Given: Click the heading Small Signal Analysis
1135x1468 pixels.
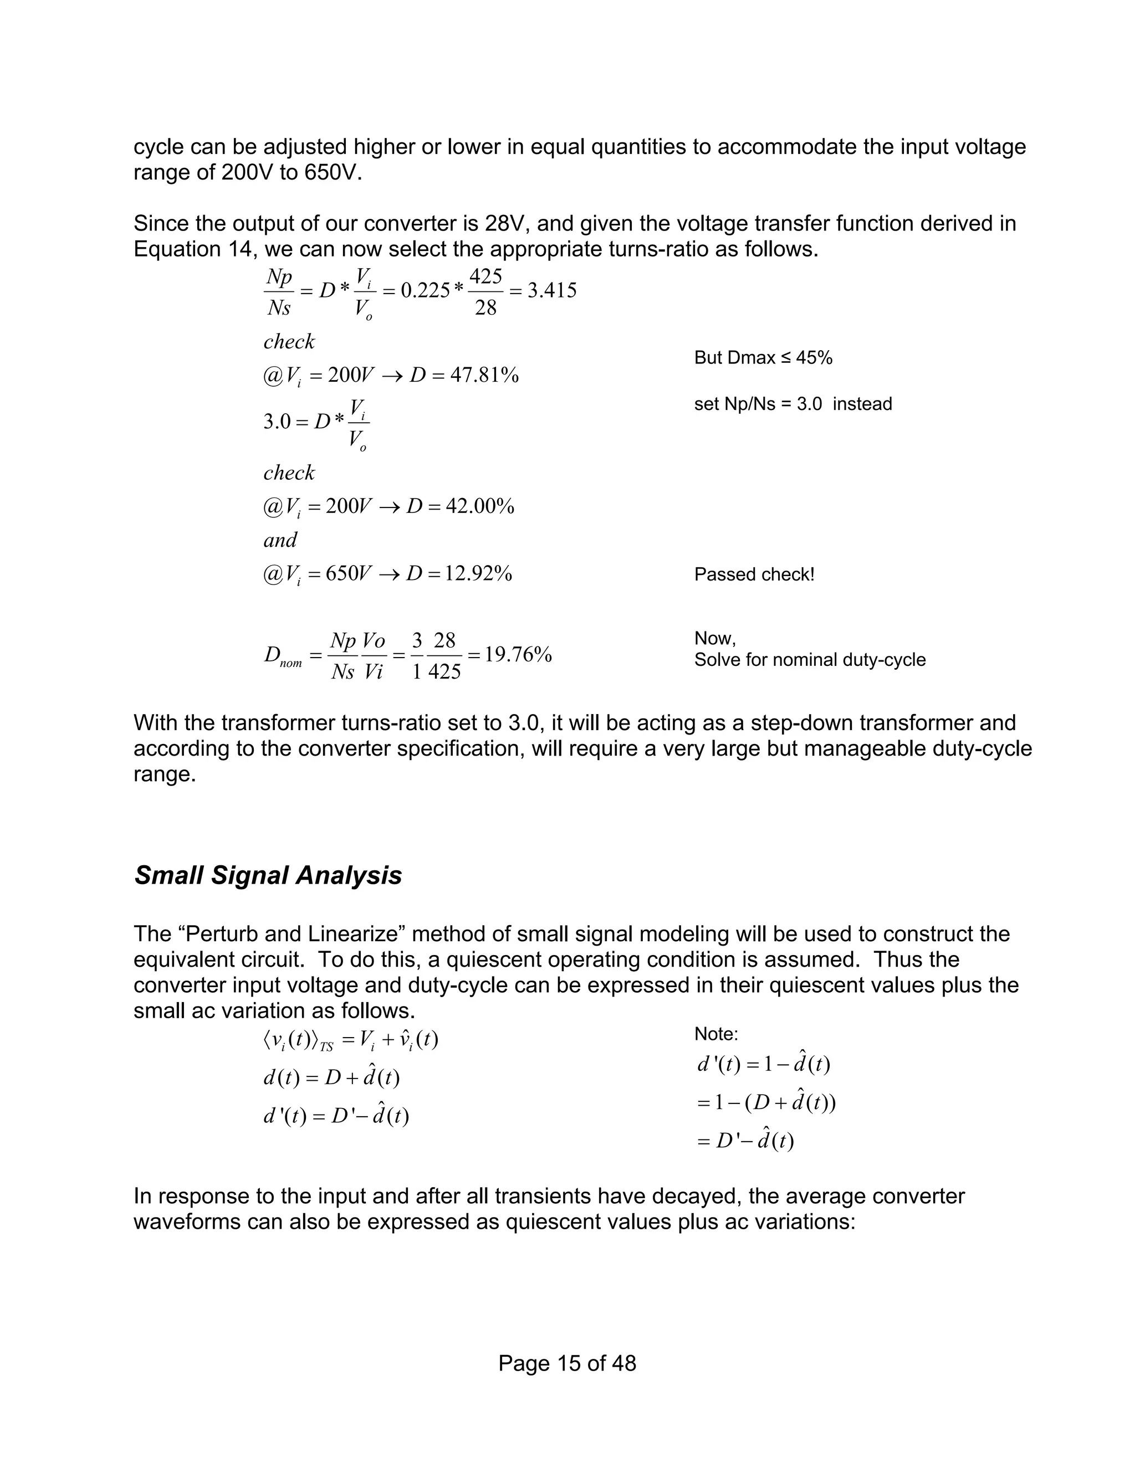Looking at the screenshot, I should [x=268, y=875].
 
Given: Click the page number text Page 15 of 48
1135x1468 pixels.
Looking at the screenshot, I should [x=567, y=1363].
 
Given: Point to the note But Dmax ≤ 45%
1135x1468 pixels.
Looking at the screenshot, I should [x=763, y=358].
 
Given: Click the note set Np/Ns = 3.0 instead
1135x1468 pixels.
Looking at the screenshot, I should [x=793, y=404].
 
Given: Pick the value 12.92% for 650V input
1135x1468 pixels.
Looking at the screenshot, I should [x=478, y=573].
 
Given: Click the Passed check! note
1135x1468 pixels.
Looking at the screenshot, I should [x=754, y=574].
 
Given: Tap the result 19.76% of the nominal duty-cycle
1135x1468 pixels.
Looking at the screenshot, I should [x=518, y=654].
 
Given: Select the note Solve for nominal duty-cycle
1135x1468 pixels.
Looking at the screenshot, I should [x=810, y=659].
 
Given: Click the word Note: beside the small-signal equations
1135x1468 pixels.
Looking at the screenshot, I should [x=716, y=1034].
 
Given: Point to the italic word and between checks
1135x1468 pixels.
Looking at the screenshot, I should [x=280, y=540].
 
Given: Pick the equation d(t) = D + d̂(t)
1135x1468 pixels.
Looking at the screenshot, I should [x=331, y=1077].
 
